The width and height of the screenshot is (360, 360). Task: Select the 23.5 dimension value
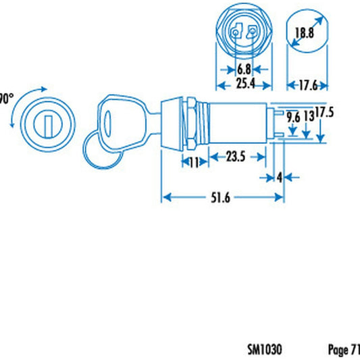point(235,157)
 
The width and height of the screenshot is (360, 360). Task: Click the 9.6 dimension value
point(292,117)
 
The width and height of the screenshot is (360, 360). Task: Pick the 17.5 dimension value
point(325,112)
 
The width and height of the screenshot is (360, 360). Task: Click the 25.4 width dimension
point(244,84)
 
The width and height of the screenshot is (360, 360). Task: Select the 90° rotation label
point(5,98)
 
